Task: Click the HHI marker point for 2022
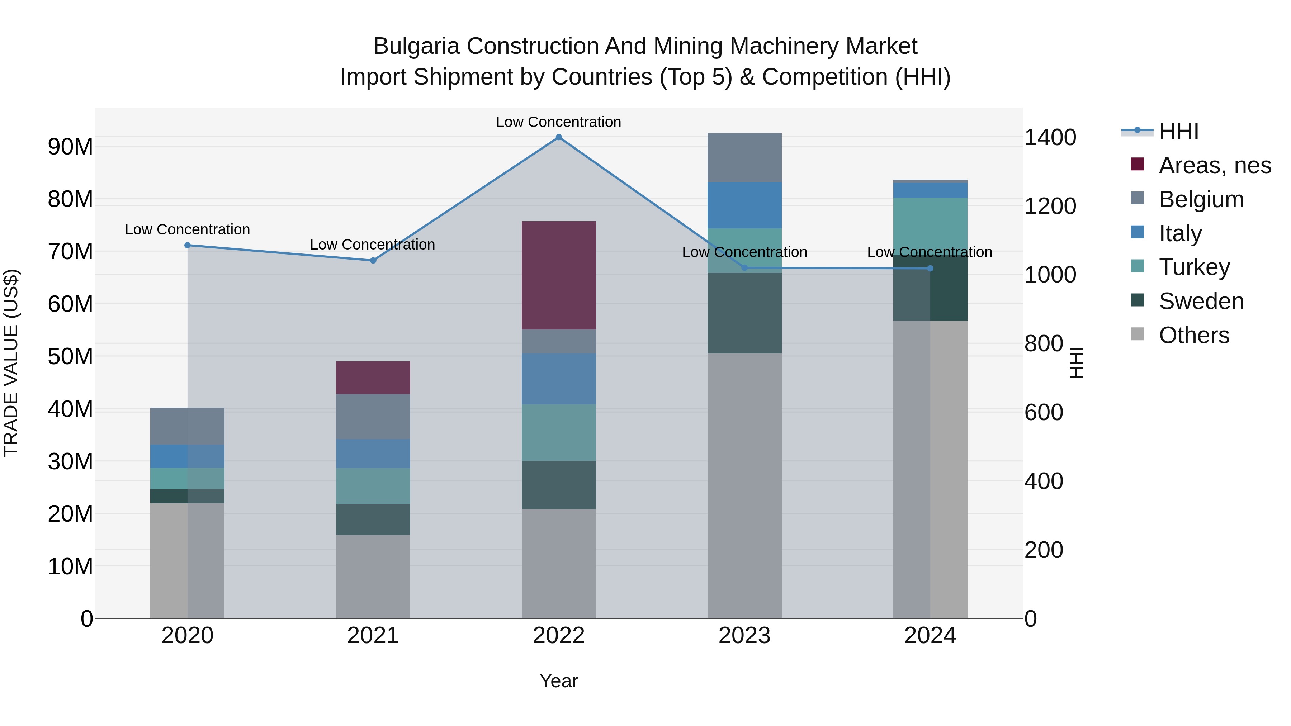(559, 137)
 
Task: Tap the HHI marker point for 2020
(188, 245)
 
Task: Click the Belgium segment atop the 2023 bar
(744, 157)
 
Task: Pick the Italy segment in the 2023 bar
(744, 205)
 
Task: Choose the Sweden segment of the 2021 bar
(373, 519)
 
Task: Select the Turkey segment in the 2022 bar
(559, 432)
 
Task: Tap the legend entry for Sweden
(1201, 301)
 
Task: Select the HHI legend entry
(1178, 131)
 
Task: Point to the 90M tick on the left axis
(70, 147)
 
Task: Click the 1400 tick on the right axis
(1050, 137)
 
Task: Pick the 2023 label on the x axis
(744, 636)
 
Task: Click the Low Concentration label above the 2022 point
(558, 122)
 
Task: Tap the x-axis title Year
(558, 681)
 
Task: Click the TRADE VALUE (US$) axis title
(11, 363)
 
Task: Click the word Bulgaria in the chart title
(416, 46)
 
